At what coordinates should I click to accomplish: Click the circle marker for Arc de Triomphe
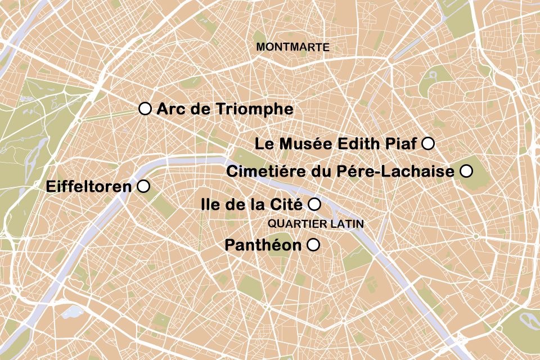145,109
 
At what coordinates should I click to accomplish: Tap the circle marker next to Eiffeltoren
143,186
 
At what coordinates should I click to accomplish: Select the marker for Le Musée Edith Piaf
428,143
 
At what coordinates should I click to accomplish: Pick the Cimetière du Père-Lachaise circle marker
466,170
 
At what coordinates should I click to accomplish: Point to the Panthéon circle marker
313,245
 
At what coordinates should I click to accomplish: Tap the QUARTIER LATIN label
316,224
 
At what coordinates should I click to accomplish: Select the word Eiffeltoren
88,186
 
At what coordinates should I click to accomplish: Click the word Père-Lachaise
396,171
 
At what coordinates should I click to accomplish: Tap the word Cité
289,204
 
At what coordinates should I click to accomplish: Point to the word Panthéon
263,245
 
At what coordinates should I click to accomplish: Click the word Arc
169,109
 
